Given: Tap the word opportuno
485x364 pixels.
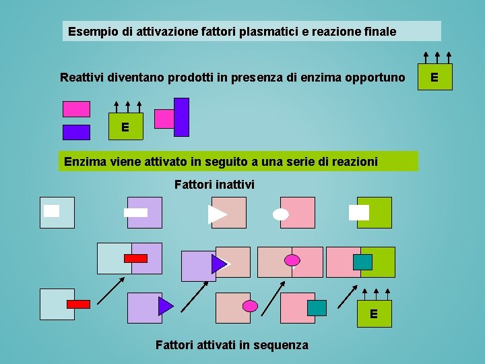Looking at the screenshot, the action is coord(375,78).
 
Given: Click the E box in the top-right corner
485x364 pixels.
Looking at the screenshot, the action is coord(434,78).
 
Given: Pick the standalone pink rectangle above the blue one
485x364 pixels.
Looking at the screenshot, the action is coord(76,109).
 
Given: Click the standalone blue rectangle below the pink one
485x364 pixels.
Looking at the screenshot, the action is coord(76,132).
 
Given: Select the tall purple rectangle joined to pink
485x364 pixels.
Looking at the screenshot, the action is coord(181,117).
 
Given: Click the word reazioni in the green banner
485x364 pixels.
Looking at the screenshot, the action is coord(352,162).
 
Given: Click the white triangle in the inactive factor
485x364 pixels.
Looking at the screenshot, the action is coord(217,214).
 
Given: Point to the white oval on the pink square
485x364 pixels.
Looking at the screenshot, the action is coord(281,214).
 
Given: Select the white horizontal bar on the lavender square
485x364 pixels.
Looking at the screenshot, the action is coord(135,212).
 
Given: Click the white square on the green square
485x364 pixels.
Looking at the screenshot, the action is coord(359,212).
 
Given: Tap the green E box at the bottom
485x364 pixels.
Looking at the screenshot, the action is coord(374,314).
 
